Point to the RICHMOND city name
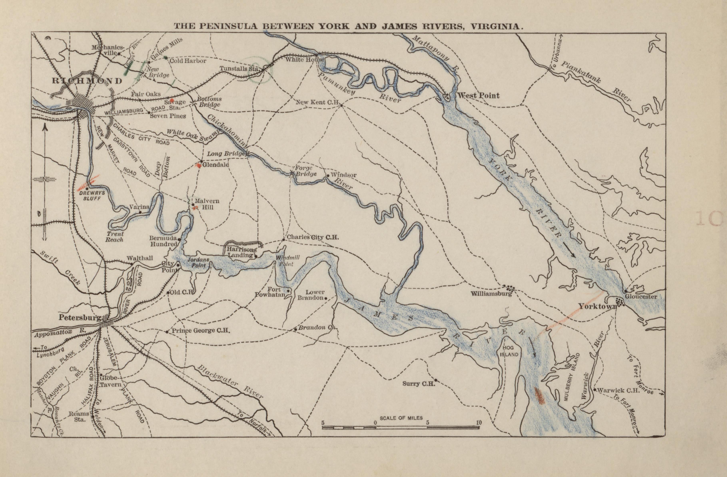[x=87, y=81]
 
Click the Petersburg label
[x=80, y=317]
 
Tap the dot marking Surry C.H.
[x=436, y=380]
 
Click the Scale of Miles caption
[x=401, y=418]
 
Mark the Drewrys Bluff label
[x=92, y=196]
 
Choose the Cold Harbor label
[x=188, y=61]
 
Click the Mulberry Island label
[x=571, y=377]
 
